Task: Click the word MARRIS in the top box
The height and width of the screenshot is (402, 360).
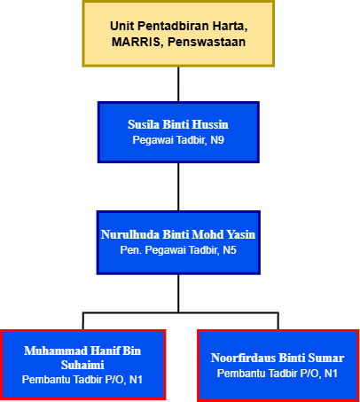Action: pos(136,42)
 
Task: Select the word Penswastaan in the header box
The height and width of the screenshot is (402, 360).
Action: pos(207,42)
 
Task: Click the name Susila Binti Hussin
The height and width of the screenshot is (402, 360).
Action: pos(178,124)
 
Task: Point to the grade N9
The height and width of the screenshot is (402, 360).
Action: pos(217,140)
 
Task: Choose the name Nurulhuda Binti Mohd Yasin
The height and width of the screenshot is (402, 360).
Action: pos(178,234)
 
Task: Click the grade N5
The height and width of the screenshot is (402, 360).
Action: pos(230,250)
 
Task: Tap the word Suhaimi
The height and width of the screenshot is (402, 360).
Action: pos(82,365)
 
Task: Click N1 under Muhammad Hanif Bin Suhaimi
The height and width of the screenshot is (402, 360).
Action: pos(136,380)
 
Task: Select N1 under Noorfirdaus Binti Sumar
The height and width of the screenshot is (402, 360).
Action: pos(331,374)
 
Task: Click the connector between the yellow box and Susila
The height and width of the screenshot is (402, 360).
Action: pos(178,84)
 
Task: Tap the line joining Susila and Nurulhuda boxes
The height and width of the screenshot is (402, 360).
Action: pos(178,186)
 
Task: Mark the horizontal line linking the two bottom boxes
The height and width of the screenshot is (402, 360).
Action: pos(181,312)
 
